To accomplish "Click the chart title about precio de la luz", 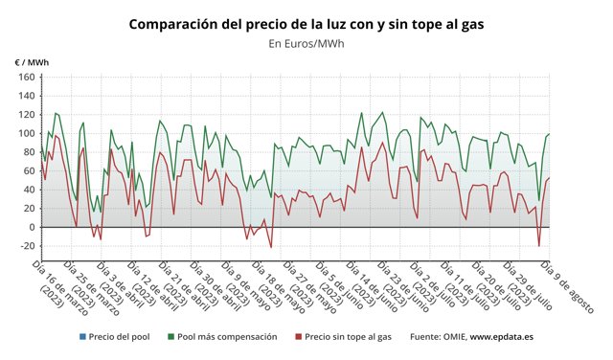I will pos(306,23).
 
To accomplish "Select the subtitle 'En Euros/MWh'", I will pos(306,43).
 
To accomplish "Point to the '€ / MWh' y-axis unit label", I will pos(32,62).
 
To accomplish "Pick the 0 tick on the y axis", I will pos(31,227).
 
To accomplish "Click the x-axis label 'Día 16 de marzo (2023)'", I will pos(57,282).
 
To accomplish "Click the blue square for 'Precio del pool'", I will pos(83,337).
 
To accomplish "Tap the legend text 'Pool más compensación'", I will pos(227,337).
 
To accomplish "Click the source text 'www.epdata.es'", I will pos(502,337).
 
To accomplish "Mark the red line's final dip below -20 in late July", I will pos(539,247).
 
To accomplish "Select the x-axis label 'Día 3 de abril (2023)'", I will pos(110,282).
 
